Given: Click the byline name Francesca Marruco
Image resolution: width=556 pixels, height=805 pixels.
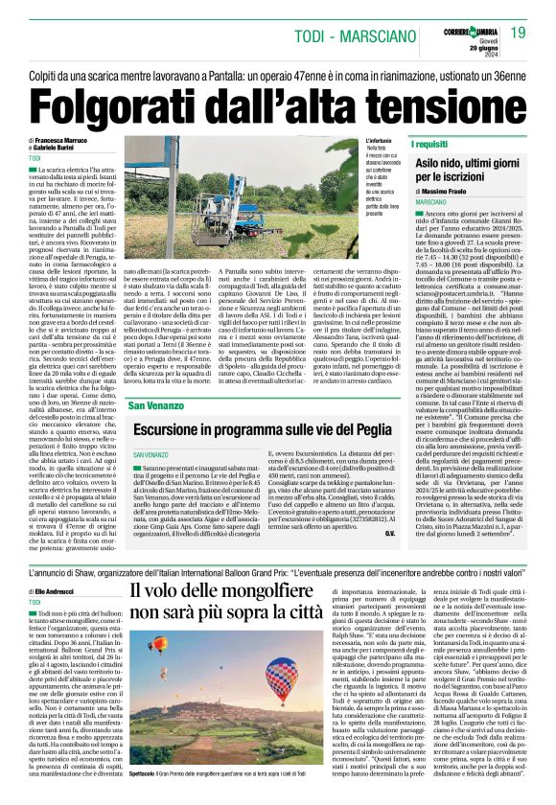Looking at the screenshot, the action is (x=62, y=140).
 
